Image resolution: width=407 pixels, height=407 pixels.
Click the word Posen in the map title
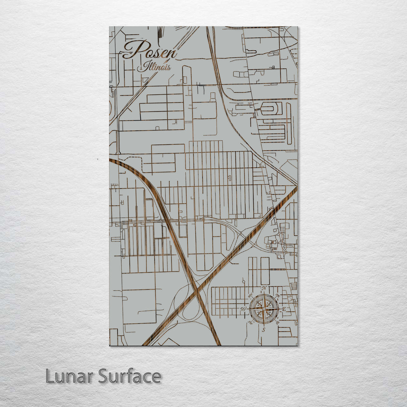tap(150, 50)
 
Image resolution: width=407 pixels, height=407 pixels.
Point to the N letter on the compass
tap(264, 288)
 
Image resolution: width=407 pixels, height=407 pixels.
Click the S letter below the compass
tap(264, 330)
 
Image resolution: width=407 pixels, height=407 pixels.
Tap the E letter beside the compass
tap(284, 309)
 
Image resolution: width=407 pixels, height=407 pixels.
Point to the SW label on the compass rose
tap(250, 323)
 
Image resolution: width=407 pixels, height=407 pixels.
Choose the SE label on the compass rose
tap(278, 323)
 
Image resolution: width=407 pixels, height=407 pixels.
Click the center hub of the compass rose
tap(264, 309)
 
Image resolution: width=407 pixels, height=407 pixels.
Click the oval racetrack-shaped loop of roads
tap(271, 108)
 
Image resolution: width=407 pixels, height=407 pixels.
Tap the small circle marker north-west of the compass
tap(244, 281)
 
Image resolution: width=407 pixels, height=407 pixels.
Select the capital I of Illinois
tap(141, 67)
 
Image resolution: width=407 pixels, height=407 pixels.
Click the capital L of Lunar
tap(50, 376)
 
